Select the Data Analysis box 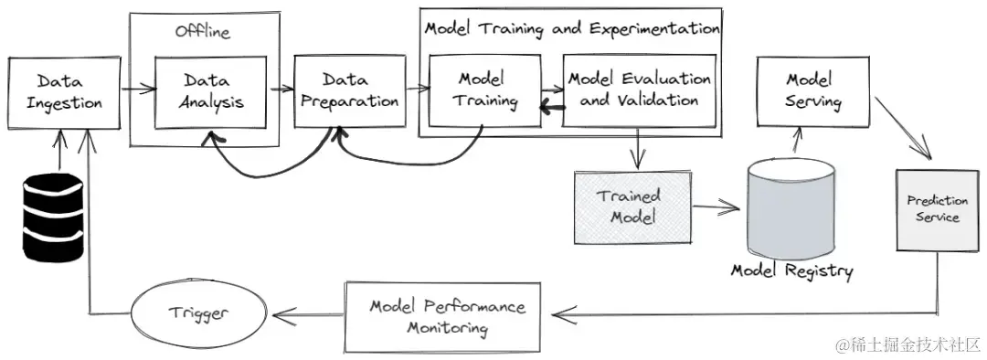tap(210, 91)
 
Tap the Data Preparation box tap(347, 91)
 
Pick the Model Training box tap(482, 90)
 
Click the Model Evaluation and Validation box tap(638, 90)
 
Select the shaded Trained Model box tap(631, 206)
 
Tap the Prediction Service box tap(931, 209)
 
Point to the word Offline tap(203, 32)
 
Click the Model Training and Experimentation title tap(571, 27)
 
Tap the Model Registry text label tap(791, 271)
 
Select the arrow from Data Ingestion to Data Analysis tap(137, 90)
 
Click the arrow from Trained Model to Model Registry tap(715, 207)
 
